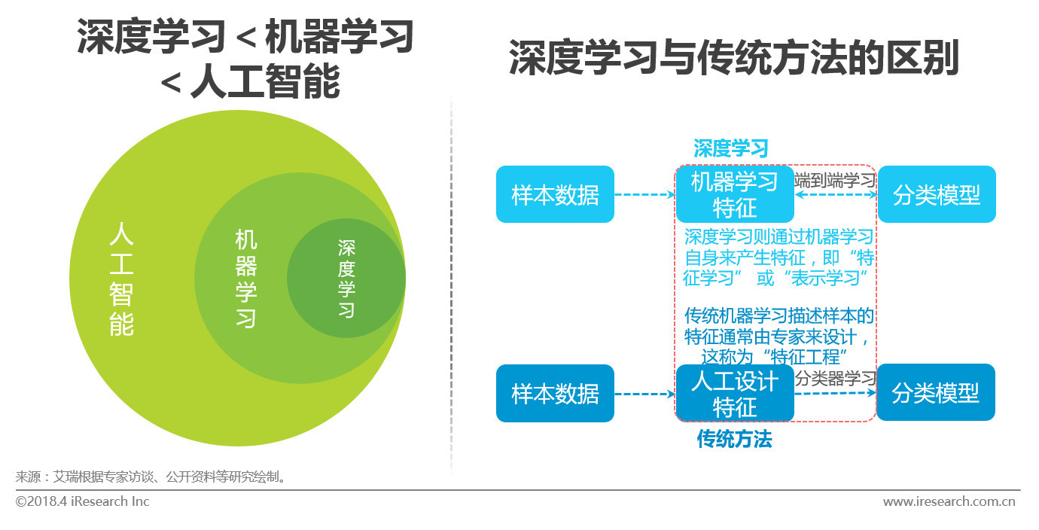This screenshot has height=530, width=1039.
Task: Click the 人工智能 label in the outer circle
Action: point(121,279)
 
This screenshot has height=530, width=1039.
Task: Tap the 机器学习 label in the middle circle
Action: point(246,279)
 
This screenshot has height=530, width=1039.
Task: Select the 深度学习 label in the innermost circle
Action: point(346,279)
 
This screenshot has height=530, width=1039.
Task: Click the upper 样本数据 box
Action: point(555,194)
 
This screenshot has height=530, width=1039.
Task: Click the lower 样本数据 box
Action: point(555,393)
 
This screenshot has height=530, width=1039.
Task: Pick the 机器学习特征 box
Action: point(735,194)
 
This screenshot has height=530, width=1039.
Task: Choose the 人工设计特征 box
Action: point(735,393)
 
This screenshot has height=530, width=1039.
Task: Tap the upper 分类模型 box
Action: point(937,194)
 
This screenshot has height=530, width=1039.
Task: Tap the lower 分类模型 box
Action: point(936,392)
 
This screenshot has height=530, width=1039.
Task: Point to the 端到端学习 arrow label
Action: point(835,180)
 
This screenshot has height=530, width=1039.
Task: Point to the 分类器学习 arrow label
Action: point(836,379)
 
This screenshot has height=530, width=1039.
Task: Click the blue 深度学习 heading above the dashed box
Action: point(731,148)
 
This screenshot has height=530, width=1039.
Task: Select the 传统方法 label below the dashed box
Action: point(734,439)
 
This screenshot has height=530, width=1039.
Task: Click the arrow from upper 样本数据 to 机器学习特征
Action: point(645,195)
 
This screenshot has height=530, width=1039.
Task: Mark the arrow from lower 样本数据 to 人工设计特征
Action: point(645,394)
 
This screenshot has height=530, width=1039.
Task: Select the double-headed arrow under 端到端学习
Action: point(836,195)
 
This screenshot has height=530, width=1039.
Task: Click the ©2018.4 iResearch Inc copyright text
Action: point(83,501)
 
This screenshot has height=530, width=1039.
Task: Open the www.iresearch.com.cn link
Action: point(949,501)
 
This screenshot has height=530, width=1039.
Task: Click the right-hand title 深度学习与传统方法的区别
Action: point(734,58)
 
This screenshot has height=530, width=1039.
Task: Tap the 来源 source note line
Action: point(151,477)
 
